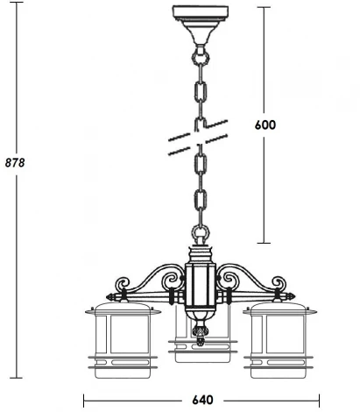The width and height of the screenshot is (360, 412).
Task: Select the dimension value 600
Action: coord(265,124)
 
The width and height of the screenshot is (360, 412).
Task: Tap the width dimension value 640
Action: coord(203,401)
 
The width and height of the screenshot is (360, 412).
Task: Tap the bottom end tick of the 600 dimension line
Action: coord(266,242)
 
